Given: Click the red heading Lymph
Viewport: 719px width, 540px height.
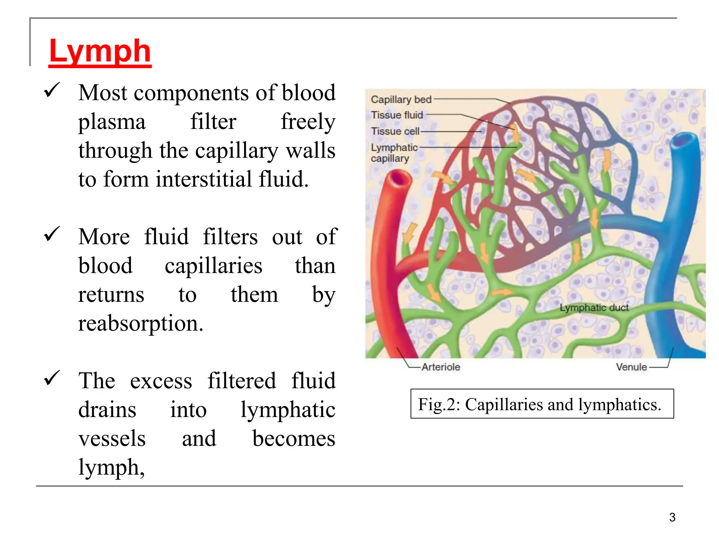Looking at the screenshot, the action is point(100,51).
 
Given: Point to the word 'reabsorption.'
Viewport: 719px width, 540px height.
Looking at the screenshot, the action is point(141,323).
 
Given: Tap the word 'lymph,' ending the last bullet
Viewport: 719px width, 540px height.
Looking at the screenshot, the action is point(111,468).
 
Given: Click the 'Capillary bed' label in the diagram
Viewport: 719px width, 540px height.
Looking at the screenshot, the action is point(401,99).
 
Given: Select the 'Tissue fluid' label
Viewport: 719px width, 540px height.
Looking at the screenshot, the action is point(397,115).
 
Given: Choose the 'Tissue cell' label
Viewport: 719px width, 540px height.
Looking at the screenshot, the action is point(395,131).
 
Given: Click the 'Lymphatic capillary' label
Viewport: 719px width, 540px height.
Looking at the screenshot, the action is point(394,153).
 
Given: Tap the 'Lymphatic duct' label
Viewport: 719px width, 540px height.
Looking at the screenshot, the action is point(594,308).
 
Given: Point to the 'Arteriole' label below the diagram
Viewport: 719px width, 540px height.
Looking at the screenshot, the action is point(441,367).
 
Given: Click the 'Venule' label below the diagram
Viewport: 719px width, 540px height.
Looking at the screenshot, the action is point(631,367).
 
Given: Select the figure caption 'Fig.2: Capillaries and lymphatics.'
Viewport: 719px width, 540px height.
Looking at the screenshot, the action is point(542,404).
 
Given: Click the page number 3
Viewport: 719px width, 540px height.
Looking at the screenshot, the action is point(672,517).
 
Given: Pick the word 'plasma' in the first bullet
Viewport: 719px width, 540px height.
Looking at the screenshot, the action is point(112,122).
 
